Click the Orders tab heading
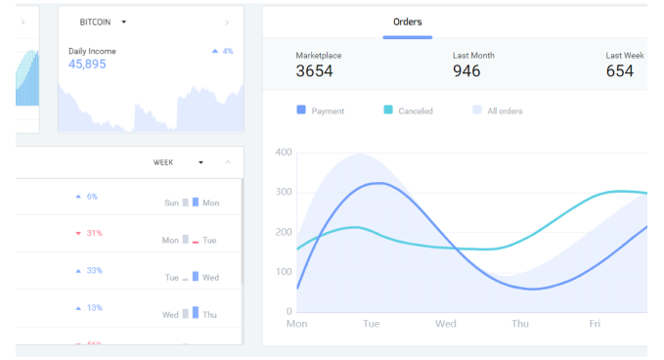click(407, 22)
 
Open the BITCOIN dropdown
click(104, 22)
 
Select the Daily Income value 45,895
click(87, 65)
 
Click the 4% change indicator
click(222, 51)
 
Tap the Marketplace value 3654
click(315, 70)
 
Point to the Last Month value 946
click(466, 70)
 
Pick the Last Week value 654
click(620, 70)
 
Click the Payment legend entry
click(321, 111)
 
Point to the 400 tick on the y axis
click(284, 153)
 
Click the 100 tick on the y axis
click(284, 272)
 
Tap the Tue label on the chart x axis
click(372, 323)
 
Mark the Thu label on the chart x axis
click(520, 323)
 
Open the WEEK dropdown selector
click(178, 162)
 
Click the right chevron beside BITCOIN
click(227, 22)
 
